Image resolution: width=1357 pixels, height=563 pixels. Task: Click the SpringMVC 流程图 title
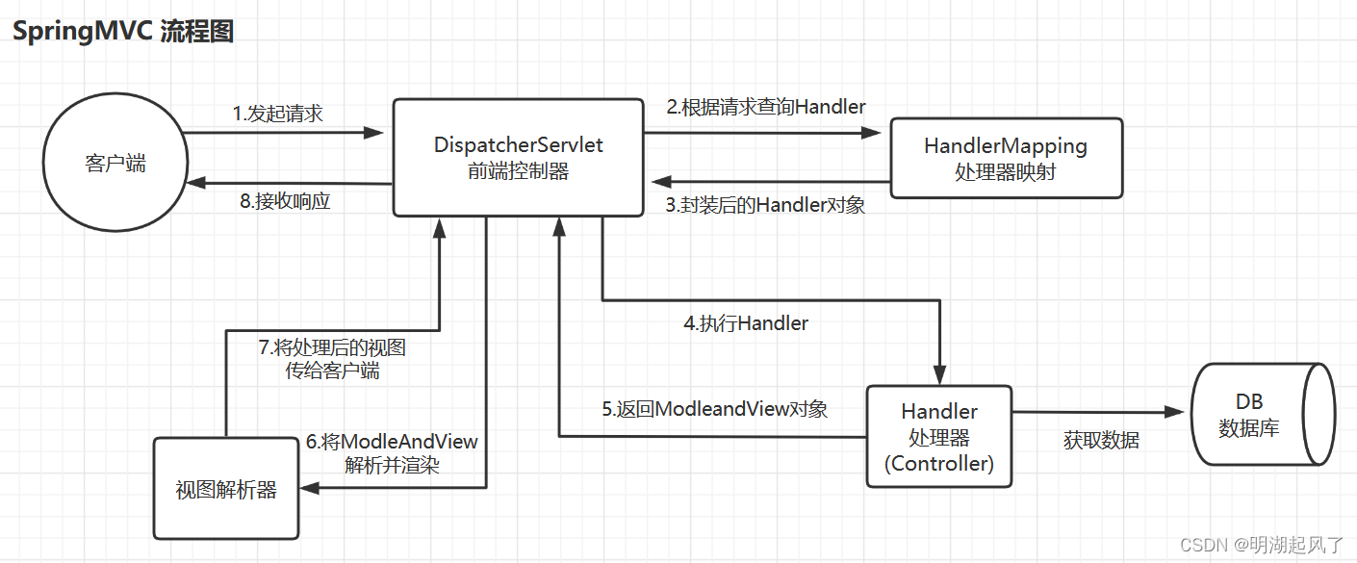122,31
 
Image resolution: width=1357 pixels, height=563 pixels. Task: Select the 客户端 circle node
115,163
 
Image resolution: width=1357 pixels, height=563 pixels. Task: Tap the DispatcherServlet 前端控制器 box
518,157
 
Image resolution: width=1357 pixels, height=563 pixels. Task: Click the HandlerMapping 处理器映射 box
1006,159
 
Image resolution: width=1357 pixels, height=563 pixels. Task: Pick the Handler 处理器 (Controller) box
939,437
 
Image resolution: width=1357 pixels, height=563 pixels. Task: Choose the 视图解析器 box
226,489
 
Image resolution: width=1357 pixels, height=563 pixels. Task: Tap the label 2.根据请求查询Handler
766,107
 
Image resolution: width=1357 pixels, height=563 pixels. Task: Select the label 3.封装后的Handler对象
765,205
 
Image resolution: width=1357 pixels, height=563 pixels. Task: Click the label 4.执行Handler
746,324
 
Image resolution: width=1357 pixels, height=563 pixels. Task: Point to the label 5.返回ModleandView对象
715,409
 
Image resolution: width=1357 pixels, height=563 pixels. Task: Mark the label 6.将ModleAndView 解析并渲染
392,453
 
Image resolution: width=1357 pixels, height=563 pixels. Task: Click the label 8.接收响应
285,202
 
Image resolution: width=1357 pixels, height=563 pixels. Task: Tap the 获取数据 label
1101,441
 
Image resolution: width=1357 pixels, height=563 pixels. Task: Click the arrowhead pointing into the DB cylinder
1173,412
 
